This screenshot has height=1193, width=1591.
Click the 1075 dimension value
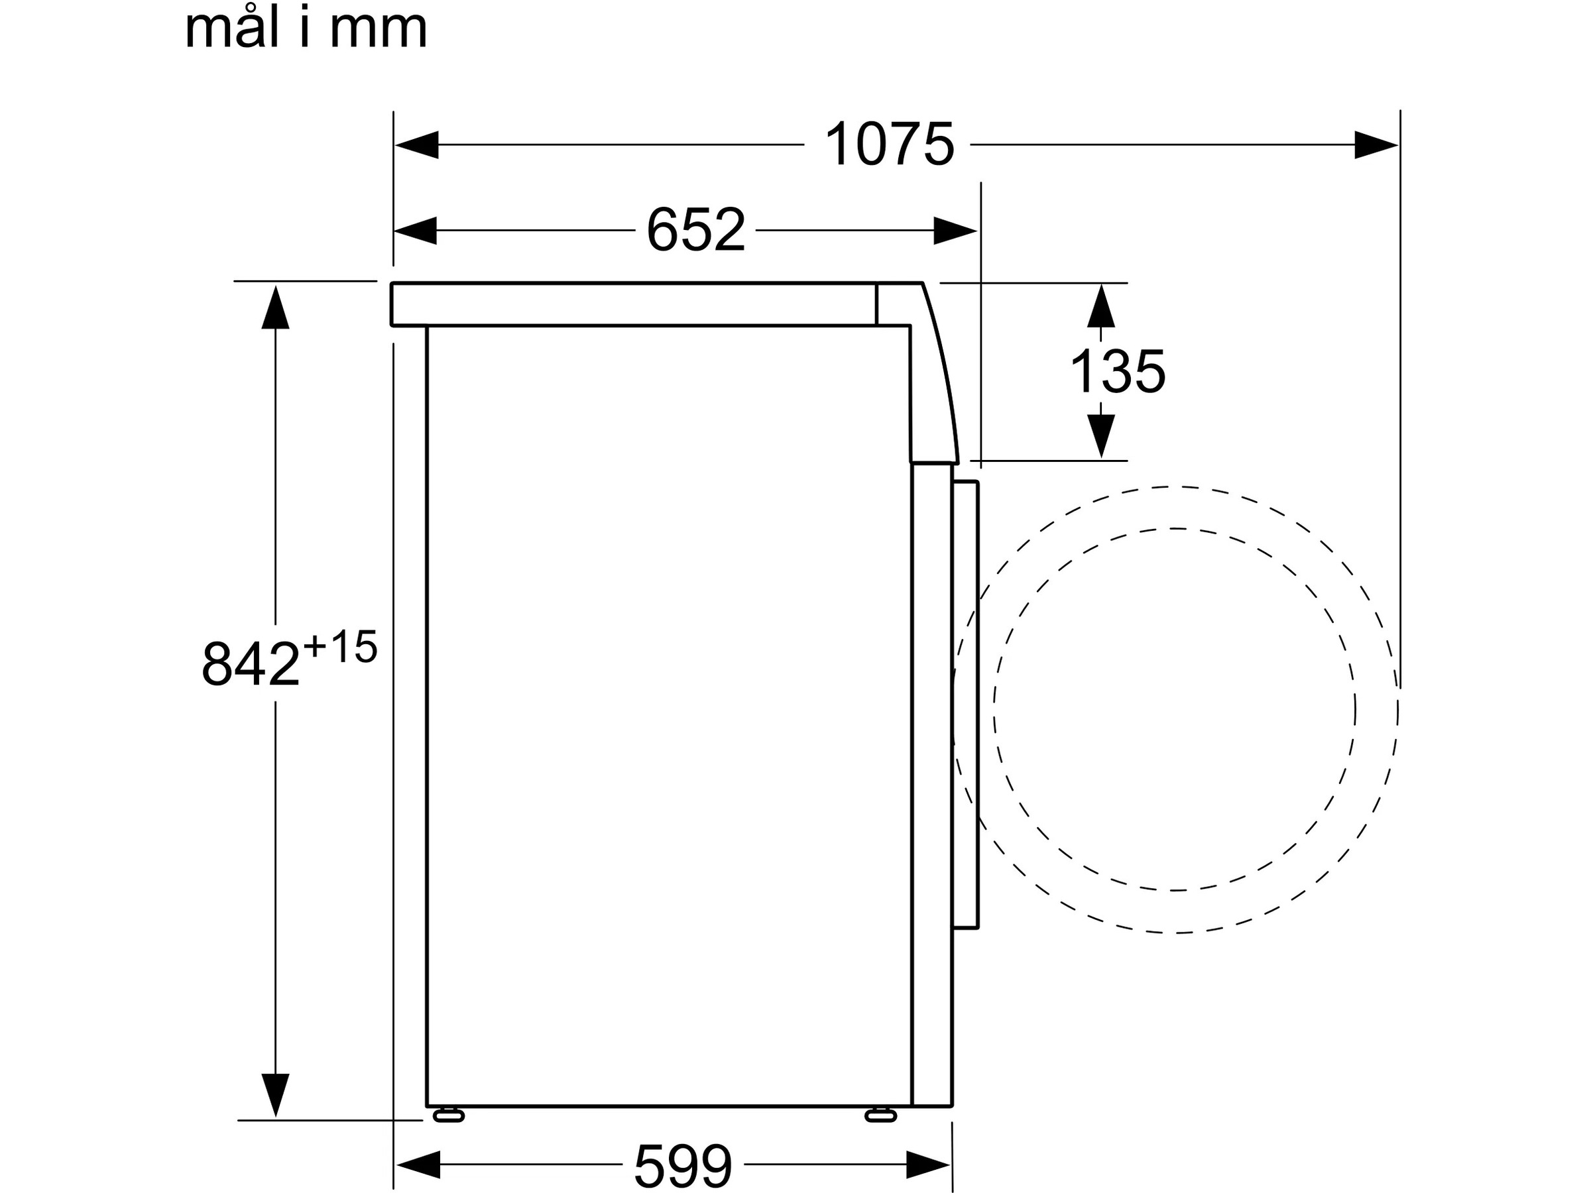pyautogui.click(x=889, y=144)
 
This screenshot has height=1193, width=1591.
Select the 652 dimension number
pyautogui.click(x=695, y=230)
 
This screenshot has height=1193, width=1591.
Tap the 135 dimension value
pyautogui.click(x=1117, y=372)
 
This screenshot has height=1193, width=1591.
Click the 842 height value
pyautogui.click(x=251, y=663)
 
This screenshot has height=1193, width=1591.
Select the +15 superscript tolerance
pyautogui.click(x=340, y=646)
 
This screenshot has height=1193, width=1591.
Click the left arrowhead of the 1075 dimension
pyautogui.click(x=416, y=144)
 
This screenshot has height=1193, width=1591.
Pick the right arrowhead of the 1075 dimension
pyautogui.click(x=1377, y=144)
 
